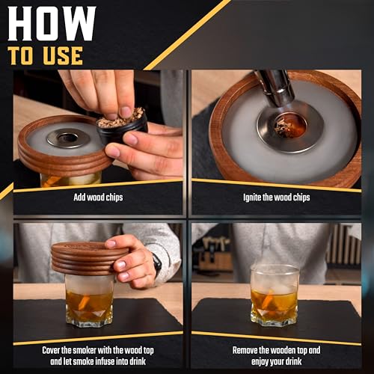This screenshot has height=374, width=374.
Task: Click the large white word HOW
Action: [52, 24]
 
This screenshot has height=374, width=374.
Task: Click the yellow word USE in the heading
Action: [63, 56]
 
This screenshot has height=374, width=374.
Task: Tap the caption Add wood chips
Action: [98, 197]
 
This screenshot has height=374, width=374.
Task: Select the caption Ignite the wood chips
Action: [277, 197]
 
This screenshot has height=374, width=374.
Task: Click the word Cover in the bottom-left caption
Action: [51, 350]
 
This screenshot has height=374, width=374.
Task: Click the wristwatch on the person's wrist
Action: [157, 264]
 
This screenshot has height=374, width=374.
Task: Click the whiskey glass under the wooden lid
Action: [90, 301]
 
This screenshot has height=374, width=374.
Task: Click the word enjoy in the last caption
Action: [261, 361]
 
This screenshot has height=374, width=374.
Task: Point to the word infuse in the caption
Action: [106, 361]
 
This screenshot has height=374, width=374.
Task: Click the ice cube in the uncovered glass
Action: [280, 289]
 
